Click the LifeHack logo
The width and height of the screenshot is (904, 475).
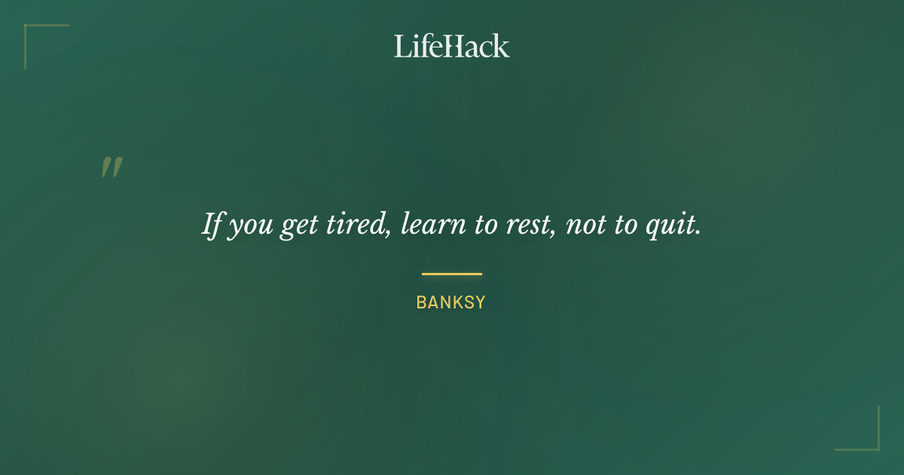click(452, 46)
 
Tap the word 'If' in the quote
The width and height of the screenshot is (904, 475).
click(212, 225)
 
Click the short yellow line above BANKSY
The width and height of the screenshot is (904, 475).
click(452, 274)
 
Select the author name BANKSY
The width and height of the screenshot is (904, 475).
click(451, 303)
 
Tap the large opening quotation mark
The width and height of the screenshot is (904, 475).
click(111, 167)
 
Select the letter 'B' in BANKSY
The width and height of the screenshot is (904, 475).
click(421, 303)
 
